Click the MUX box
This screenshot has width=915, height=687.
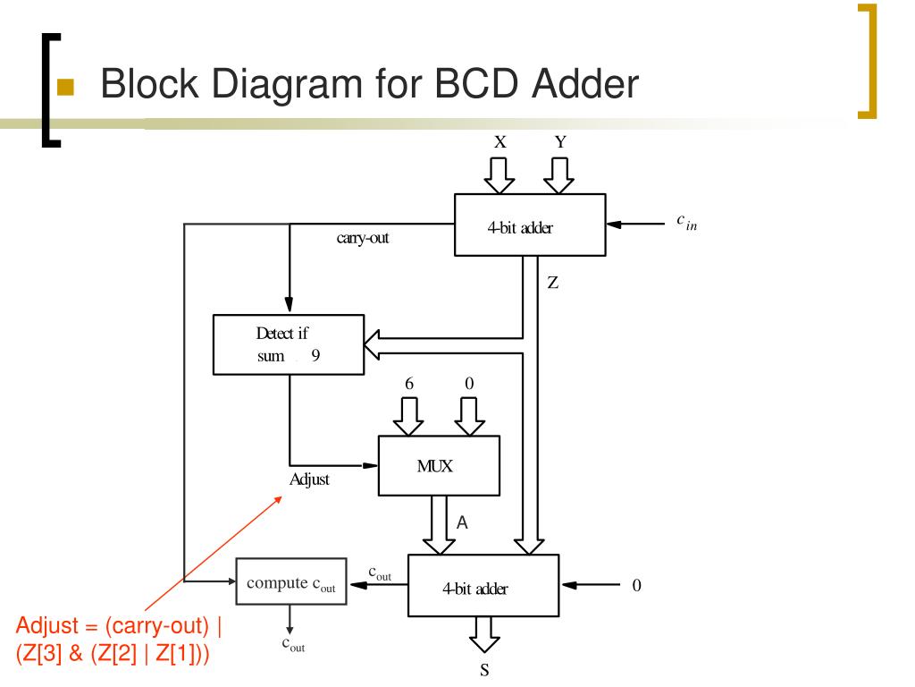[439, 465]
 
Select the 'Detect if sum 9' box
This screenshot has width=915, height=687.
[289, 344]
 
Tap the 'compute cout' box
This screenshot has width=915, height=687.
[291, 581]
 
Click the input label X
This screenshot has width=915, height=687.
[500, 142]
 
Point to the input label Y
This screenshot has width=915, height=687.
[560, 142]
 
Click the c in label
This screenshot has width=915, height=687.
[687, 222]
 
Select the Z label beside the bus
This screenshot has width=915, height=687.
[552, 283]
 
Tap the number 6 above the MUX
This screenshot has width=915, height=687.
[409, 383]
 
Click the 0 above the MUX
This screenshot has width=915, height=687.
[469, 383]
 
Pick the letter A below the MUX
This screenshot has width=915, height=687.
[462, 522]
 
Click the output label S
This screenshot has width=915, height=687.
[484, 670]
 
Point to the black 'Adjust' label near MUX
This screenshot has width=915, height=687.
[309, 479]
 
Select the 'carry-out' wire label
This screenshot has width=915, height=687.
[363, 238]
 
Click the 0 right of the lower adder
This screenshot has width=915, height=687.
[636, 585]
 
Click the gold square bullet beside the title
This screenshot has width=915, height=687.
[65, 87]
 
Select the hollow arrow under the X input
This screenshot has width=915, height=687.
[499, 175]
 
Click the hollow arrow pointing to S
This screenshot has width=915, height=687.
[484, 634]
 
